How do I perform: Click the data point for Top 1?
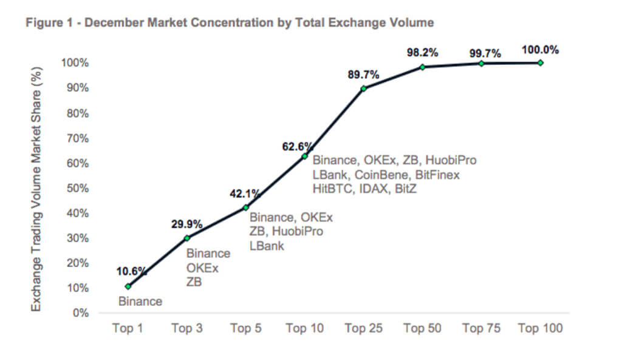(128, 286)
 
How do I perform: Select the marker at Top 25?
(363, 89)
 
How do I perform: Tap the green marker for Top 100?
(540, 62)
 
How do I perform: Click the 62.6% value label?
(297, 146)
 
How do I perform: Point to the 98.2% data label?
(423, 53)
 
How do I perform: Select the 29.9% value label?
(186, 224)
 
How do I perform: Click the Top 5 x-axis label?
(246, 328)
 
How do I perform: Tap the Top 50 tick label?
(423, 328)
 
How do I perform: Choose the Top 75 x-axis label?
(482, 328)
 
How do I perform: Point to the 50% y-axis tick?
(78, 188)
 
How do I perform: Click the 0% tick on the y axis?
(81, 313)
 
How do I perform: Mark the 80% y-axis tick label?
(78, 113)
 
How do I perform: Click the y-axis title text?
(37, 187)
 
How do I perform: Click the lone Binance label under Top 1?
(140, 301)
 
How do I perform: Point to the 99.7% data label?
(485, 54)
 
